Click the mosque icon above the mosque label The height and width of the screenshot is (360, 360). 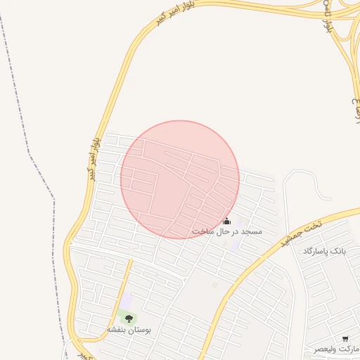(x=226, y=221)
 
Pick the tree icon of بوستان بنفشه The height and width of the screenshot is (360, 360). (x=129, y=319)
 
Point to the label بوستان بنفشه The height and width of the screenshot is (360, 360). (x=129, y=329)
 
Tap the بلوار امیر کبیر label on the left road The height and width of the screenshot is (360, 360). (x=94, y=159)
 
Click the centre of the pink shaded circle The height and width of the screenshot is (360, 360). (x=180, y=179)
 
